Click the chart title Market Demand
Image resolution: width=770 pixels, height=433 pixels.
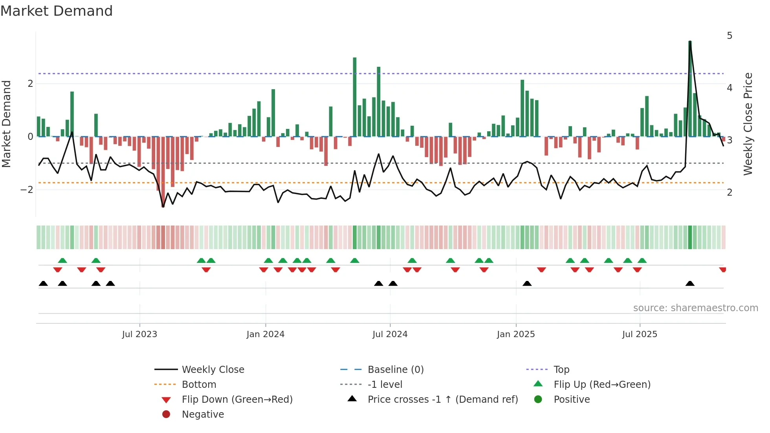tap(57, 11)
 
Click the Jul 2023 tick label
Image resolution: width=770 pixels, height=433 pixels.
tap(139, 334)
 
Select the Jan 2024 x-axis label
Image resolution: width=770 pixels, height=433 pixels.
tap(266, 334)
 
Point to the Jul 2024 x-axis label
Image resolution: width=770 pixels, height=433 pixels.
tap(390, 334)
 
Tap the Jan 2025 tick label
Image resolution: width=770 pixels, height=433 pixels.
tap(516, 334)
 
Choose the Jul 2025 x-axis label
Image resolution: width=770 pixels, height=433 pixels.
tap(640, 334)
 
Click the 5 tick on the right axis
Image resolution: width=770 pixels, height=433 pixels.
tap(730, 36)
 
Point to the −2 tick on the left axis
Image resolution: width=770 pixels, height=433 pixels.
tap(27, 190)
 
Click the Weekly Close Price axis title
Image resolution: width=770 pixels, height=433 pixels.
tap(748, 124)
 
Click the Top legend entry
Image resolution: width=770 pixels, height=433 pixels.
tap(561, 370)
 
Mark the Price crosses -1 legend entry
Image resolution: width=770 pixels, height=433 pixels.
tap(442, 400)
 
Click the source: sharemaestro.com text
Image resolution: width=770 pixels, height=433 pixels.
tap(695, 308)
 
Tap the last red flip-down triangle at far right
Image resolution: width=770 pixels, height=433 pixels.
tap(723, 270)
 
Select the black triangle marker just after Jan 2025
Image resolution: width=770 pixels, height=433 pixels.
tap(527, 284)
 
